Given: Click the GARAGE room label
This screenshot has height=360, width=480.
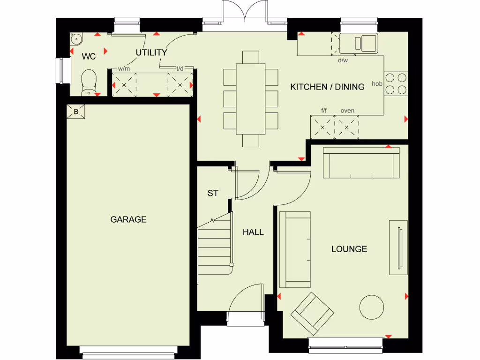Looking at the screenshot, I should (x=128, y=219).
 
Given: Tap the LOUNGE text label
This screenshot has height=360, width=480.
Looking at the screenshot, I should (x=349, y=249).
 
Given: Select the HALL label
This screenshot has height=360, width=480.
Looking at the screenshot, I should (x=253, y=232).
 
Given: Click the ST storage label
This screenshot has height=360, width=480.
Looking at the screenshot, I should (x=213, y=193).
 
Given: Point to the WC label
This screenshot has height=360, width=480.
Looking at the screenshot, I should (x=89, y=57).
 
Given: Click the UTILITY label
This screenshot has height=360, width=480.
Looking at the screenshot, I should (x=151, y=52).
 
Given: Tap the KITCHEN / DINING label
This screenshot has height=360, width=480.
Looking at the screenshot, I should (x=327, y=87).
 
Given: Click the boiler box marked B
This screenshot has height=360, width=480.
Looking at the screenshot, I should (x=75, y=112).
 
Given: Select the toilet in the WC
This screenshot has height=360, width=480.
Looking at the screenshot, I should (x=88, y=82).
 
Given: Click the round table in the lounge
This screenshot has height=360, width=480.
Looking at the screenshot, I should (x=372, y=307).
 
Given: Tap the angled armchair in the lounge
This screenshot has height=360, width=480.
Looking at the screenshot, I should (x=312, y=311).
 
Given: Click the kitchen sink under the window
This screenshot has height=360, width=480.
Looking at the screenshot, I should (x=359, y=44).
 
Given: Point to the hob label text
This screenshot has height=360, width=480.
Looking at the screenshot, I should (x=377, y=84).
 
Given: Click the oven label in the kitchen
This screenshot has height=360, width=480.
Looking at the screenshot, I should (x=347, y=111).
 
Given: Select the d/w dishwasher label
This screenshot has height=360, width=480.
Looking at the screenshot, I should (x=343, y=60).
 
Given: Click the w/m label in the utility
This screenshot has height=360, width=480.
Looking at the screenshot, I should (x=124, y=68).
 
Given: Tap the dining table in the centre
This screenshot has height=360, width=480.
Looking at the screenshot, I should (x=249, y=98).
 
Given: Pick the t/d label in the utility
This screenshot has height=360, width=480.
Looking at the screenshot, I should (x=180, y=68).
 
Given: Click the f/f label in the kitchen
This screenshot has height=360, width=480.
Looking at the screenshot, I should (x=324, y=111).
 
